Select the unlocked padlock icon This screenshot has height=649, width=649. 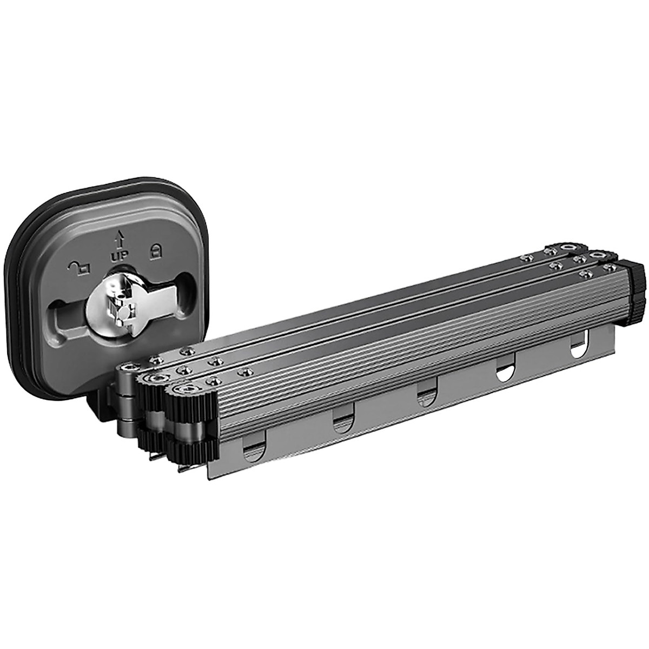pos(79,267)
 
